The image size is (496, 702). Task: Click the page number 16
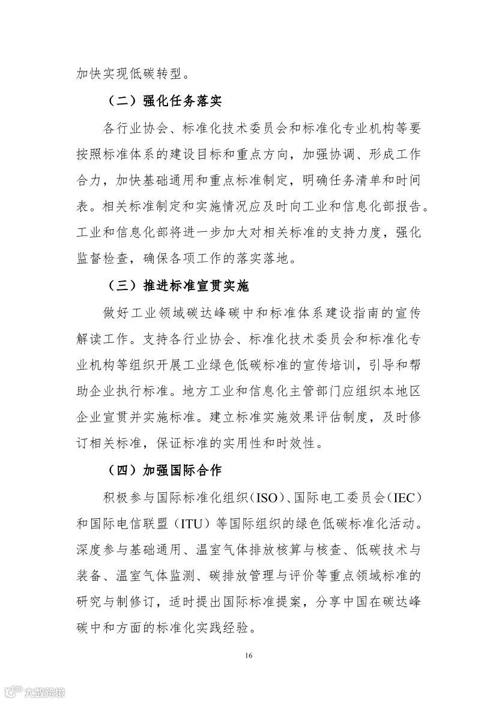pos(248,654)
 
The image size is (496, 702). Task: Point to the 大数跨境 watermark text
pos(44,692)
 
